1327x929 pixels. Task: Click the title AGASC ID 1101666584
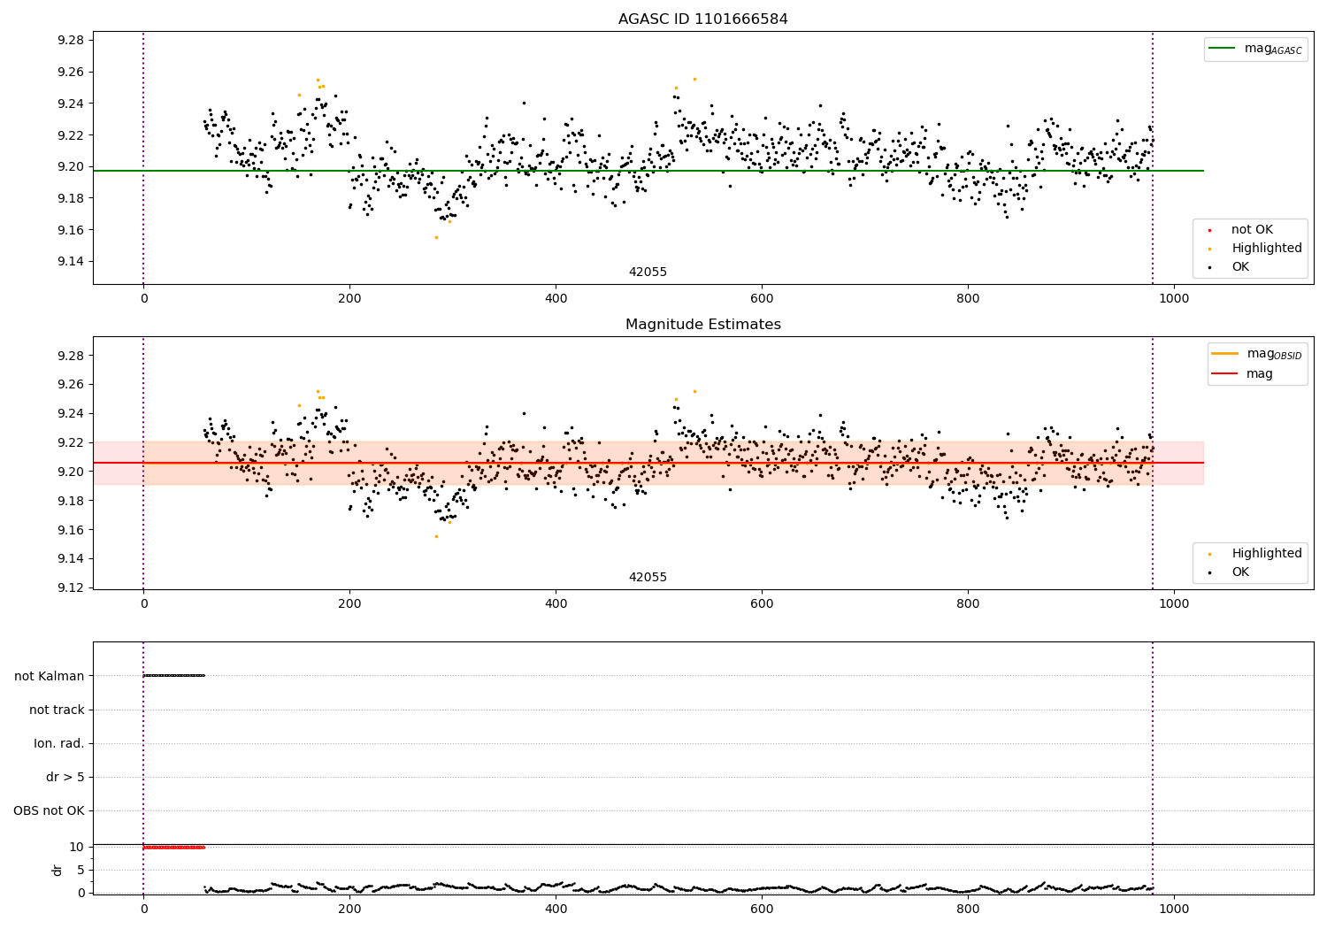coord(702,19)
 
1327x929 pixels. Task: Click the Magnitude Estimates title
coord(702,325)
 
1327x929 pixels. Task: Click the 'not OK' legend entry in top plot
coord(1252,230)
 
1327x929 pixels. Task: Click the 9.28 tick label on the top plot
coord(69,41)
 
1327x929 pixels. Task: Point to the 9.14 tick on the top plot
coord(69,261)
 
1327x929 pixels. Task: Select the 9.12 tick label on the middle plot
coord(69,587)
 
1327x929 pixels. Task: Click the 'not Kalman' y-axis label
coord(50,676)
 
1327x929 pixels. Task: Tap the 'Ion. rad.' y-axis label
coord(59,744)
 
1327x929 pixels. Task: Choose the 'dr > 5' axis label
coord(65,778)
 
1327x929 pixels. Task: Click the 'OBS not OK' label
coord(50,811)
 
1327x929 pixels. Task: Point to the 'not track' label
coord(57,710)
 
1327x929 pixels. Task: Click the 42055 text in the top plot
coord(648,273)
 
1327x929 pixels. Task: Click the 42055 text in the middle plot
coord(648,578)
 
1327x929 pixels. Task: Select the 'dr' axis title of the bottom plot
coord(58,870)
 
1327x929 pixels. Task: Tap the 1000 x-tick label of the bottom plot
coord(1174,908)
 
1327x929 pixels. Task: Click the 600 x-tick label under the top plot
coord(762,298)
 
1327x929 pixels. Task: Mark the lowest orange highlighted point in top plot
coord(436,237)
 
